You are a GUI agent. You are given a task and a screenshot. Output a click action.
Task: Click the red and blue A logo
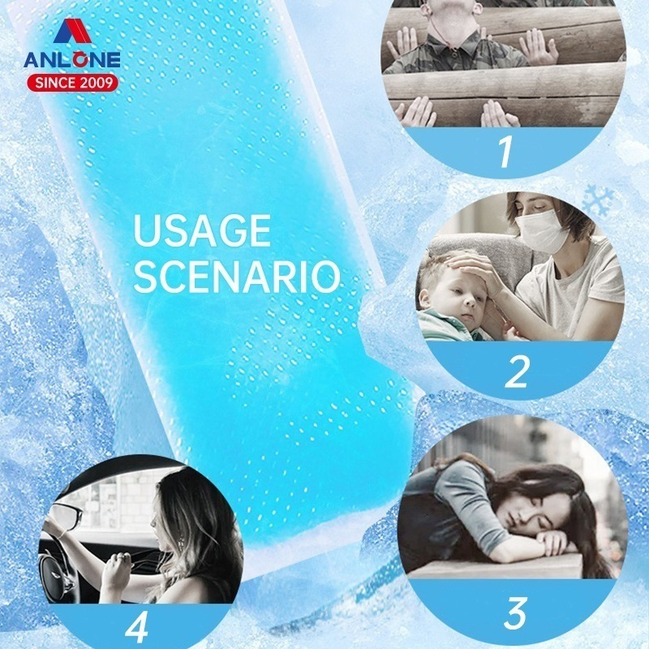click(x=72, y=31)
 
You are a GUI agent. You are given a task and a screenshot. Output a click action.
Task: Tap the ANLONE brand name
click(x=72, y=60)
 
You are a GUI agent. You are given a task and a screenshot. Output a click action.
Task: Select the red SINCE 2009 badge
click(x=73, y=83)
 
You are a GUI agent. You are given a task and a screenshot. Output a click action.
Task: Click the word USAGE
click(x=202, y=230)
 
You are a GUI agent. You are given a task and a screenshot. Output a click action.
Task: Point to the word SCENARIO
click(x=236, y=277)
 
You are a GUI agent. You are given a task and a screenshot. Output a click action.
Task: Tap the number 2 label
click(x=517, y=372)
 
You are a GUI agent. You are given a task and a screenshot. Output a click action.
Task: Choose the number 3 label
click(x=514, y=612)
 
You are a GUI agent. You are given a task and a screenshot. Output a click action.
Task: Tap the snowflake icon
click(x=598, y=201)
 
